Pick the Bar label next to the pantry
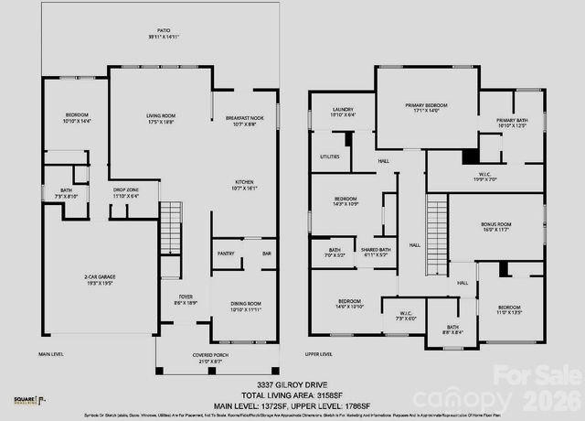click(266, 254)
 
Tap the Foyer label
click(186, 298)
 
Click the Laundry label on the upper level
click(342, 112)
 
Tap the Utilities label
click(330, 157)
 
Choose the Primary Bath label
click(512, 123)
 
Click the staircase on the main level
click(171, 229)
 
